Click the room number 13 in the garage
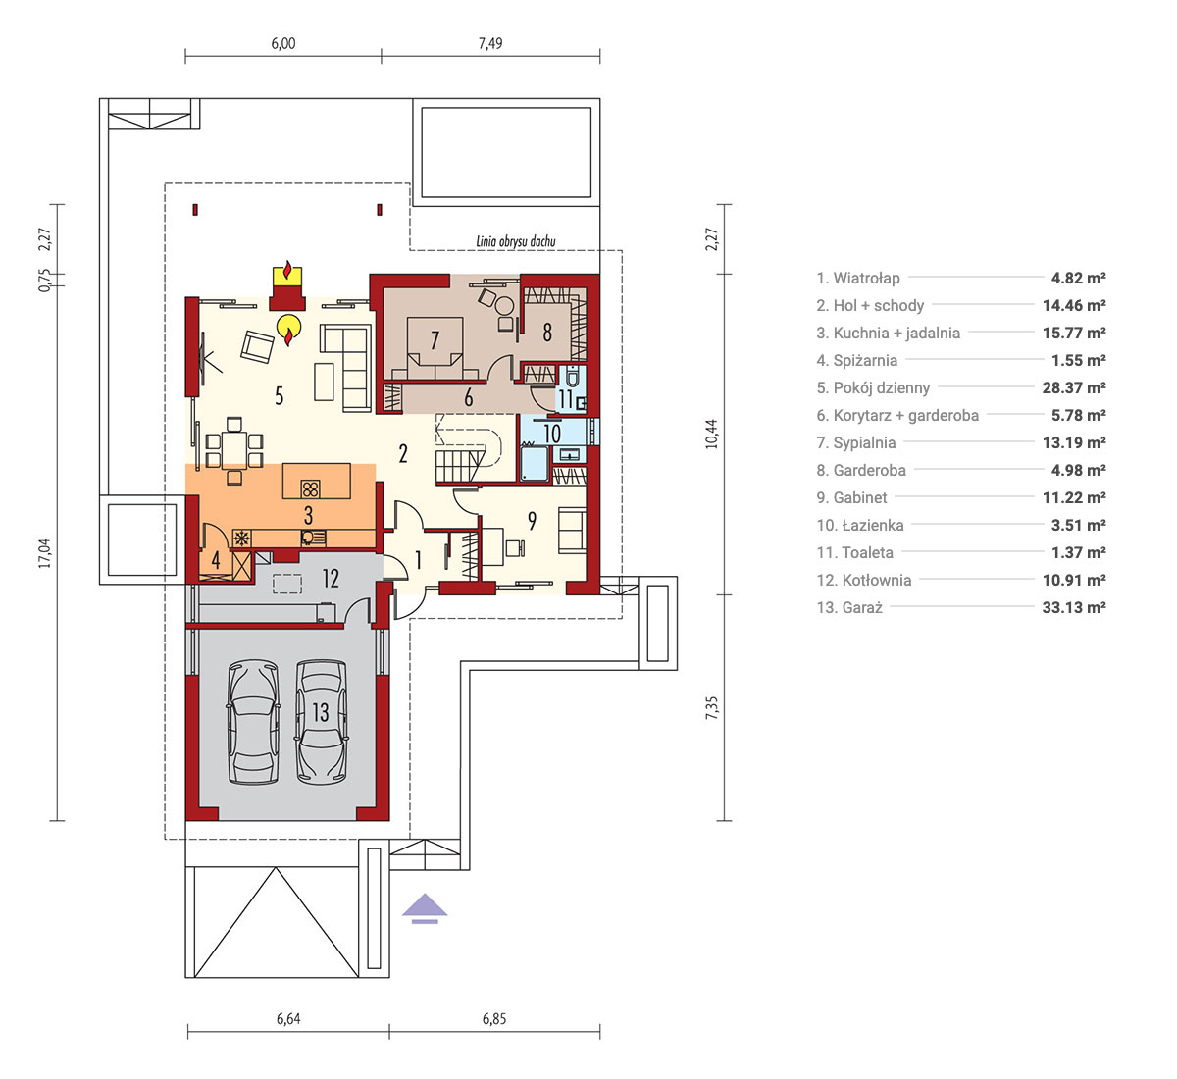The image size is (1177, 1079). [321, 713]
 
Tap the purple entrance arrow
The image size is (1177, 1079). [425, 908]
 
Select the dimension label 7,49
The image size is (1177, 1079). [490, 43]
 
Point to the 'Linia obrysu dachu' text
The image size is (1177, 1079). [516, 241]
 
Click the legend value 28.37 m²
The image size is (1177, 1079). [1074, 388]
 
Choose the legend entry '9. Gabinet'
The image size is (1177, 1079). [852, 498]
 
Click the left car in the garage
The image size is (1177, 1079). [253, 722]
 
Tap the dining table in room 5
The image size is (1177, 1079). [234, 450]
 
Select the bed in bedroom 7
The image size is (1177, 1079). [435, 349]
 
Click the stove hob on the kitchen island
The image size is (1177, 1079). [310, 488]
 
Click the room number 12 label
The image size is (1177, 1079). [331, 579]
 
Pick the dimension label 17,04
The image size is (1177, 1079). [44, 553]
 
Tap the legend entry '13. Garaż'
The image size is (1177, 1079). [849, 607]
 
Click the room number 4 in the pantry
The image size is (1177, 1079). [216, 561]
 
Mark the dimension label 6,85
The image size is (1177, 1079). [494, 1018]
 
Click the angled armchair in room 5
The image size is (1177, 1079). [257, 347]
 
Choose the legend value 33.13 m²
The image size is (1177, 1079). [1074, 607]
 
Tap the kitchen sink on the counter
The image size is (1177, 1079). [313, 538]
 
